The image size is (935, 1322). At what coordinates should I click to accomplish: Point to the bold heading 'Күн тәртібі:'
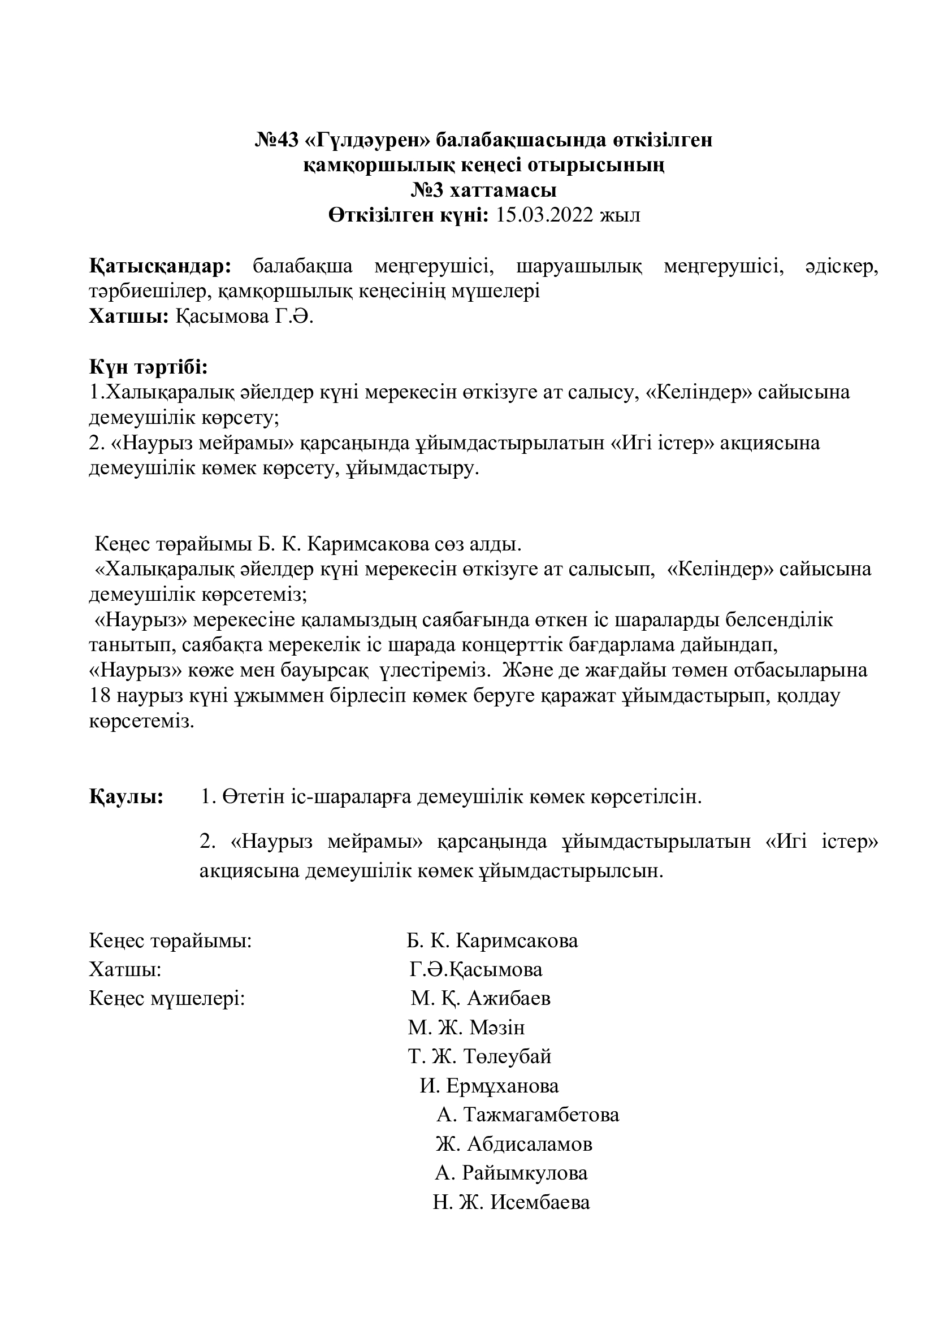point(148,367)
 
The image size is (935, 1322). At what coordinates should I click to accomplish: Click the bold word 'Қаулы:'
point(126,797)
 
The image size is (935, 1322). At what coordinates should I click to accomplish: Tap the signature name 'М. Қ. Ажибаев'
point(480,998)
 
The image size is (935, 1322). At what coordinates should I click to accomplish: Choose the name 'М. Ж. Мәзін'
point(466,1027)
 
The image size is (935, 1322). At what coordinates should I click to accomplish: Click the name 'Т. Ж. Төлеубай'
point(479,1056)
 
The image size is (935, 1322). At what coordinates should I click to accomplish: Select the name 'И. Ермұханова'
point(489,1086)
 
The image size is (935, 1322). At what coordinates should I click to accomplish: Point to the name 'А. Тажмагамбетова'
point(527,1115)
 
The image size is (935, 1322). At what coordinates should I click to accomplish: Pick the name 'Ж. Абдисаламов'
point(513,1143)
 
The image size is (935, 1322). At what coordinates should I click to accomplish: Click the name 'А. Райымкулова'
point(511,1173)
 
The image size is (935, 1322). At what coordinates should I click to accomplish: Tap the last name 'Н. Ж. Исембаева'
point(511,1202)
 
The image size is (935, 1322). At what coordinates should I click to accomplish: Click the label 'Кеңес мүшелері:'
point(167,998)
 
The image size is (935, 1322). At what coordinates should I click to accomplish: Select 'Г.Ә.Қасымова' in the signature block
point(475,969)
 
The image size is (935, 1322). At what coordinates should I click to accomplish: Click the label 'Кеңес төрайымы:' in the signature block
point(170,941)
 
